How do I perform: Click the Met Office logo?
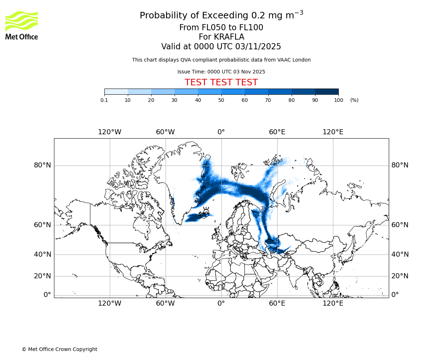pyautogui.click(x=22, y=25)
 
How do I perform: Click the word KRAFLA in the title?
pyautogui.click(x=229, y=37)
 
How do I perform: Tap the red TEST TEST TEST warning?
pyautogui.click(x=221, y=82)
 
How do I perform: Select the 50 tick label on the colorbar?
pyautogui.click(x=221, y=100)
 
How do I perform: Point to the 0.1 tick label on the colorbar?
pyautogui.click(x=104, y=100)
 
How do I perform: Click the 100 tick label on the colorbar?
pyautogui.click(x=338, y=100)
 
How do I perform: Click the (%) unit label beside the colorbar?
pyautogui.click(x=354, y=100)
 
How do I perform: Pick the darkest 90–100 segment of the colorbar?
pyautogui.click(x=327, y=92)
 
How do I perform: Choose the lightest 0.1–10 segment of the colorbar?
pyautogui.click(x=116, y=92)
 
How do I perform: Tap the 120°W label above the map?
pyautogui.click(x=110, y=132)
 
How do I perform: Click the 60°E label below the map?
pyautogui.click(x=277, y=303)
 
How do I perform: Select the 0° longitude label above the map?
pyautogui.click(x=221, y=132)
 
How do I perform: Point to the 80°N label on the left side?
pyautogui.click(x=42, y=165)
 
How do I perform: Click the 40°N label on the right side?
pyautogui.click(x=400, y=255)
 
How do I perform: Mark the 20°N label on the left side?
pyautogui.click(x=42, y=276)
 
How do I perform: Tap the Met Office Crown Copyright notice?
pyautogui.click(x=59, y=349)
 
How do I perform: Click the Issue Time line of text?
pyautogui.click(x=221, y=72)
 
